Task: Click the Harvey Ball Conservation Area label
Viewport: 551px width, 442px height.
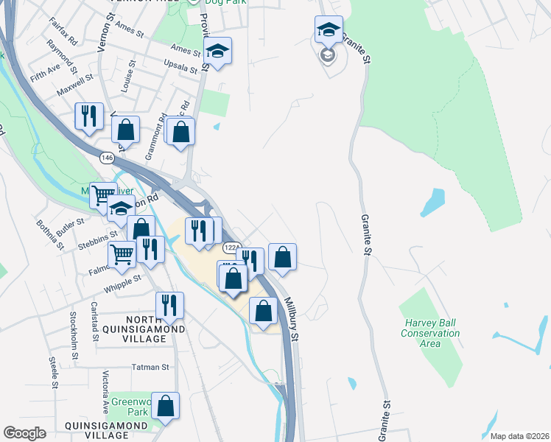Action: point(431,328)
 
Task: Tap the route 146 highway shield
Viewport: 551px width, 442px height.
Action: point(108,157)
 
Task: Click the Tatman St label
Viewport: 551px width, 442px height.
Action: point(150,366)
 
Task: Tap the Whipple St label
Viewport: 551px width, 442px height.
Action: point(126,281)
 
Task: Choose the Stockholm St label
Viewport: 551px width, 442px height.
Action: point(74,336)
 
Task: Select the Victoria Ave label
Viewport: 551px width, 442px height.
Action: point(105,396)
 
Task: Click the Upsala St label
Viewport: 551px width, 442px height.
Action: point(184,67)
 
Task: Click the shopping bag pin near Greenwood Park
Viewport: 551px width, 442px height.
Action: point(167,406)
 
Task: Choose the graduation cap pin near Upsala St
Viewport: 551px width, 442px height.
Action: point(217,51)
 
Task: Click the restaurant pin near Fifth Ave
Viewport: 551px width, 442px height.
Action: point(89,116)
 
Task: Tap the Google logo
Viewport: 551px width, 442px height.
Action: point(25,433)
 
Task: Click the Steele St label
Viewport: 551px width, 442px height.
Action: point(54,372)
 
